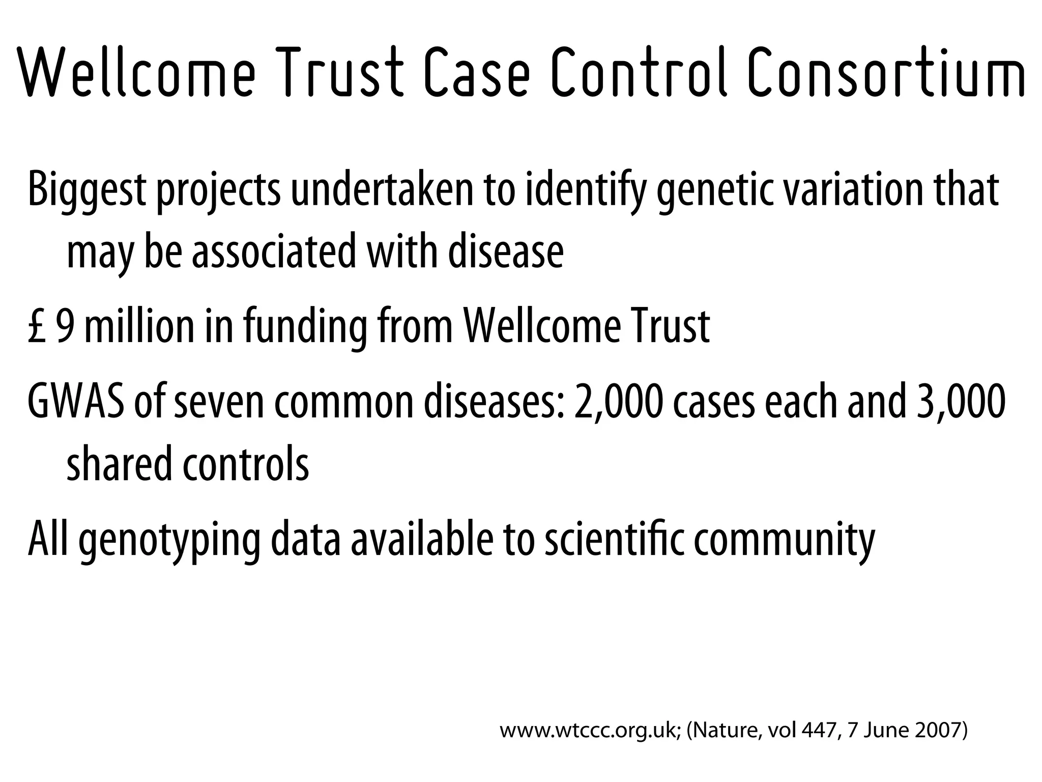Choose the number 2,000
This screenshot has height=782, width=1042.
click(x=618, y=401)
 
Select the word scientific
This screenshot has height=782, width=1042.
click(x=613, y=538)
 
